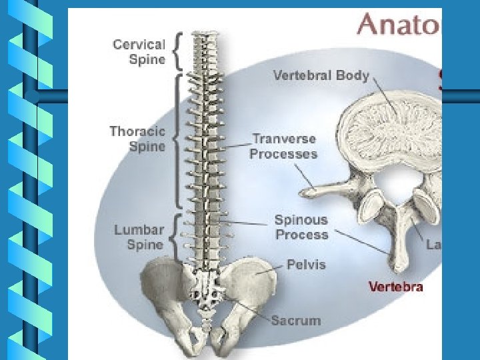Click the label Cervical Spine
click(x=139, y=51)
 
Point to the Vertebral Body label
click(x=320, y=75)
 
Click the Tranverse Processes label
click(x=283, y=147)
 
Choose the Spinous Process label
click(x=301, y=227)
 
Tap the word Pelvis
click(x=306, y=264)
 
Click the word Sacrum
click(x=295, y=321)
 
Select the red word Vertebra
click(x=396, y=287)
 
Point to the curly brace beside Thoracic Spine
click(x=177, y=140)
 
